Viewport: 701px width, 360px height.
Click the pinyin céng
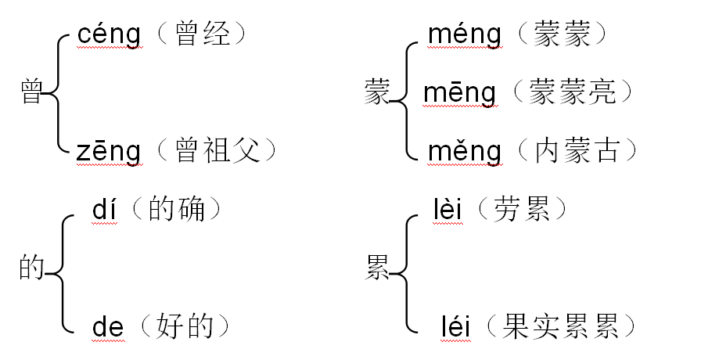click(x=109, y=35)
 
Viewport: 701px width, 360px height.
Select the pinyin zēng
click(x=109, y=150)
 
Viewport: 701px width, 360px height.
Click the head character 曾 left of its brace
click(x=31, y=93)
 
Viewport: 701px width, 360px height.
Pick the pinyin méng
click(x=465, y=35)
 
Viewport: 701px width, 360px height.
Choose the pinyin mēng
click(x=459, y=93)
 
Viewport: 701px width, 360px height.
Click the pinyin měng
click(x=465, y=150)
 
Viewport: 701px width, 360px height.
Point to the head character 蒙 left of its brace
click(x=377, y=93)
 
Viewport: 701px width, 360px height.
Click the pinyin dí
click(x=104, y=211)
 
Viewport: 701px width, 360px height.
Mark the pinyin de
click(x=108, y=326)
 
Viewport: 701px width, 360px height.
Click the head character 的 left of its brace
click(x=31, y=268)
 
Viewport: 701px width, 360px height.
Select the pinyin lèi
click(x=446, y=211)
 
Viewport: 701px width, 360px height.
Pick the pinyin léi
click(x=454, y=326)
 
